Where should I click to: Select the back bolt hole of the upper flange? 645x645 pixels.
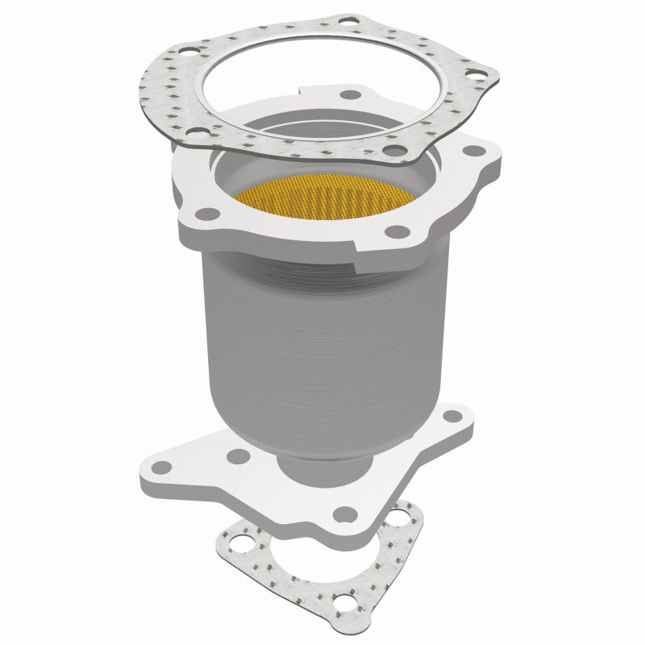coord(351,94)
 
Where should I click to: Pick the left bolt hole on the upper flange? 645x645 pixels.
coord(208,214)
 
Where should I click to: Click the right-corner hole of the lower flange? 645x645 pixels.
coord(452,417)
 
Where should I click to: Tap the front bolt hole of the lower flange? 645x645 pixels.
coord(345,513)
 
